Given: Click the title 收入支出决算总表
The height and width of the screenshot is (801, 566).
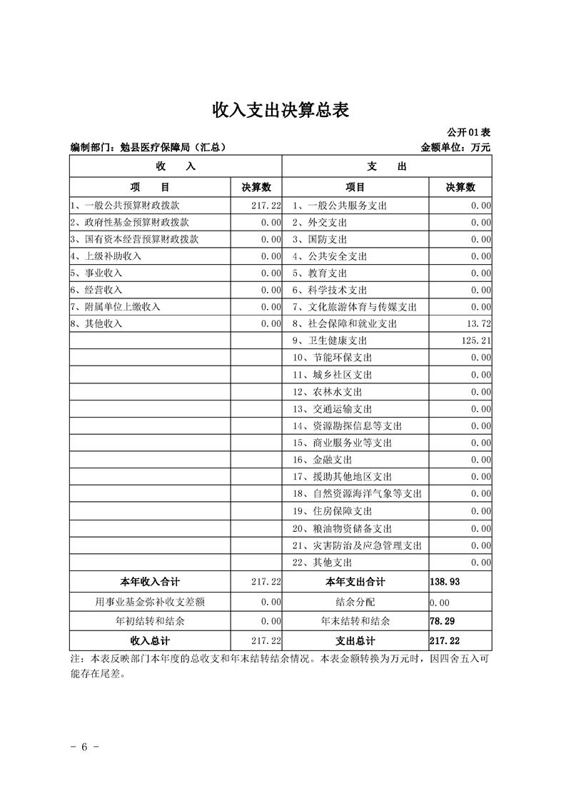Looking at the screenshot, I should pos(282,111).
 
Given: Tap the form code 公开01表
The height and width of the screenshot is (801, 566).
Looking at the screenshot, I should pos(468,133).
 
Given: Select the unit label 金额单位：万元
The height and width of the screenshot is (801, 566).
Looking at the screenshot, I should pos(456,148).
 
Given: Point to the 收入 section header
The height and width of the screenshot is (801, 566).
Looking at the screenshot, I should pos(176,166).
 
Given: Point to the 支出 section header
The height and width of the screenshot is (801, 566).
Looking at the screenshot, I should pos(387,166).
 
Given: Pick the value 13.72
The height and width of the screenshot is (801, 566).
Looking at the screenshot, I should pos(477,324).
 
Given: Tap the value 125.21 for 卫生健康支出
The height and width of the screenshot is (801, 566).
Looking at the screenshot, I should pos(475,341).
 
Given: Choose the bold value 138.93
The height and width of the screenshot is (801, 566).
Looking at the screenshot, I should pos(445,582).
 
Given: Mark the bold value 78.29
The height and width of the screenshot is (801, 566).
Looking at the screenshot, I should pos(443,621).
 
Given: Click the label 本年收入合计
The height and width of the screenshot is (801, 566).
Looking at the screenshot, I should pos(150,582).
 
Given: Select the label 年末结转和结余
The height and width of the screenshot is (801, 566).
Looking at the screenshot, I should pos(355,621).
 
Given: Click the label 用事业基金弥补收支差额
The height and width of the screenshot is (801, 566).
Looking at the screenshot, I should pos(150,602).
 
